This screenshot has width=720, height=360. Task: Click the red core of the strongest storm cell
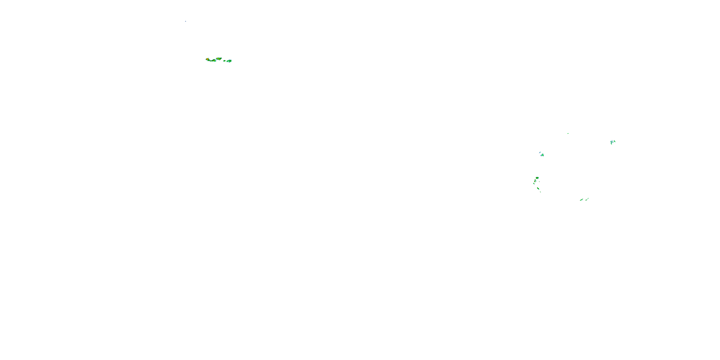(208, 59)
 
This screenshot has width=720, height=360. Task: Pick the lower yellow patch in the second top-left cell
(220, 60)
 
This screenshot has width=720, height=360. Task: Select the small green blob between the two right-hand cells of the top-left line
(224, 61)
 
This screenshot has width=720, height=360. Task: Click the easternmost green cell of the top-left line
(229, 61)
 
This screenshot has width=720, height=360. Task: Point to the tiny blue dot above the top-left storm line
(186, 21)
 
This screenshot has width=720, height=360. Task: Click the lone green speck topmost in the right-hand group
(568, 134)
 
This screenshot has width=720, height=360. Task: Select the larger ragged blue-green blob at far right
(612, 143)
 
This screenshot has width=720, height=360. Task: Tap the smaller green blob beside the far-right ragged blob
(615, 141)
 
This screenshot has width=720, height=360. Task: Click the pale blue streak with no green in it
(540, 153)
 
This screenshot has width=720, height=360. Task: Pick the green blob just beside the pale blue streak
(542, 155)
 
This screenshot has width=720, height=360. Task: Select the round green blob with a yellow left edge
(538, 178)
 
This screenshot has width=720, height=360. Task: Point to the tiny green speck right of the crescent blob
(540, 182)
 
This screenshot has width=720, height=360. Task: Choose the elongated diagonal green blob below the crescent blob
(538, 189)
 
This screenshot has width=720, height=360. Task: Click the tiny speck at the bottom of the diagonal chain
(540, 192)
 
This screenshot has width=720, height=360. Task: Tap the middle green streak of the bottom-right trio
(586, 200)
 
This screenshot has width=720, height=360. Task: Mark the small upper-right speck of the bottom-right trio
(588, 198)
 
